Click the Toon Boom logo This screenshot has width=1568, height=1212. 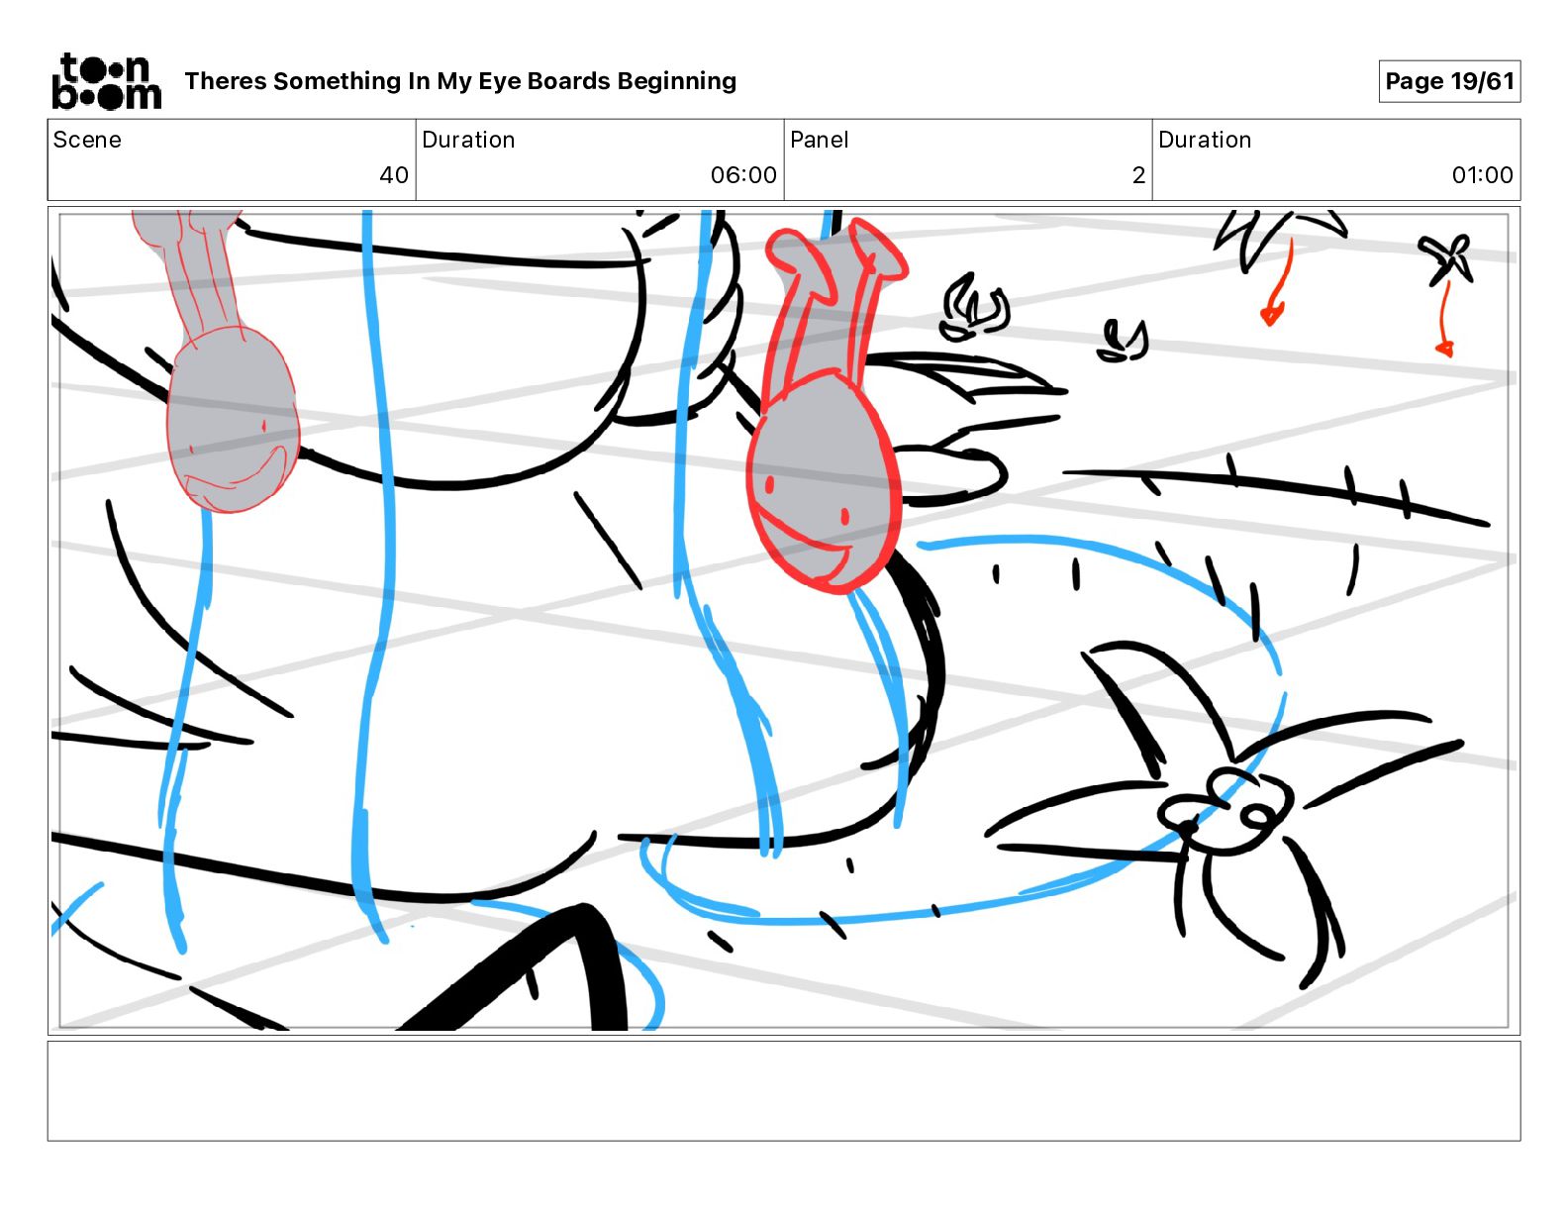[x=107, y=81]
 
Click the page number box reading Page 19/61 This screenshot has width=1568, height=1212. [x=1449, y=81]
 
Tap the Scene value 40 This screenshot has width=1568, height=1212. [x=394, y=174]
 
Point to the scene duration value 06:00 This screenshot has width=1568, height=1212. [x=743, y=174]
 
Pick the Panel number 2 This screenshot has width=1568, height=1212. [x=1138, y=174]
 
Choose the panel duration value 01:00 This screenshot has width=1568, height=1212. [x=1482, y=174]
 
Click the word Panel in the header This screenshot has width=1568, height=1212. [x=819, y=140]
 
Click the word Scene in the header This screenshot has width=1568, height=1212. [x=87, y=140]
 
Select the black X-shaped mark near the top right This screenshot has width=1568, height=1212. [x=1445, y=258]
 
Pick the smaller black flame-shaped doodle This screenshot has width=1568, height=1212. [x=1123, y=342]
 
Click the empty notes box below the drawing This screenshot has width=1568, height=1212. [x=784, y=1091]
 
